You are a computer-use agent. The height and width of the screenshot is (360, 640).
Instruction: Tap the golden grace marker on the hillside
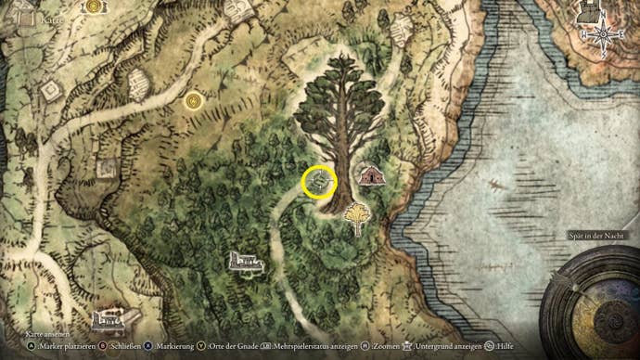(193, 99)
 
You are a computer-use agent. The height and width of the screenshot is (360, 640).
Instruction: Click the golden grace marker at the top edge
(93, 6)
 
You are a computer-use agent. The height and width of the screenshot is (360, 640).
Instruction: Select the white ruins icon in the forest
(247, 263)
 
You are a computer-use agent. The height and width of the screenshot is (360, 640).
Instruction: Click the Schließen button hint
(122, 345)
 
